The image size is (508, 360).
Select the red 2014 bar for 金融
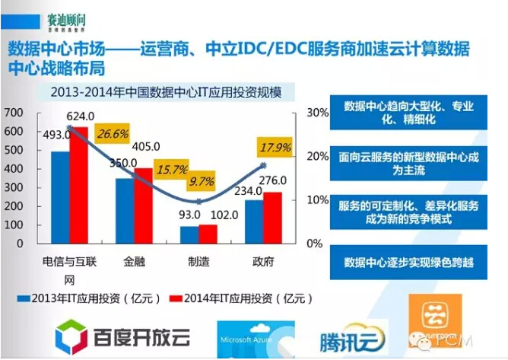coord(144,205)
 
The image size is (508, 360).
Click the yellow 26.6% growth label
coord(113,135)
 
